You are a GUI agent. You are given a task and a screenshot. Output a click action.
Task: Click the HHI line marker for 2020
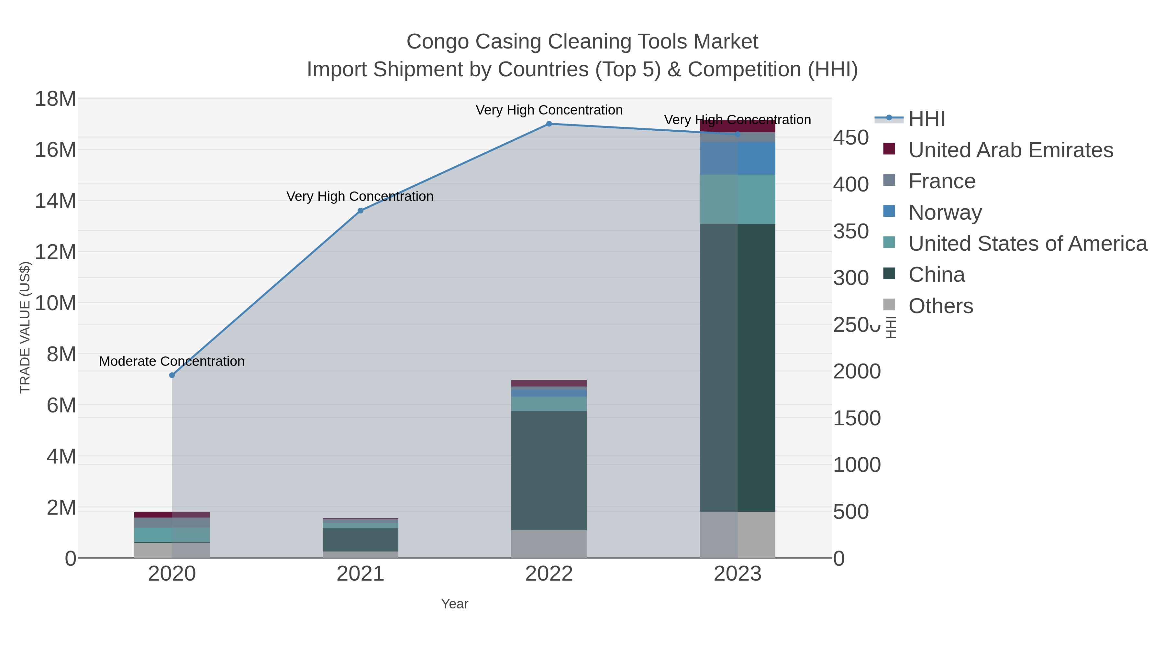point(172,375)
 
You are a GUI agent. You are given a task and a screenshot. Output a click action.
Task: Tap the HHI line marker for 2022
point(549,124)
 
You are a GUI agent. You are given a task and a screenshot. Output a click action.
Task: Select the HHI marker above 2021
point(361,211)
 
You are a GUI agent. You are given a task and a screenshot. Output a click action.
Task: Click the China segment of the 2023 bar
point(738,367)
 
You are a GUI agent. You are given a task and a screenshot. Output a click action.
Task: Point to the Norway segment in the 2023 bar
point(738,158)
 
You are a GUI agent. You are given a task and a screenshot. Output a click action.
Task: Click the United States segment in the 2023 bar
point(738,199)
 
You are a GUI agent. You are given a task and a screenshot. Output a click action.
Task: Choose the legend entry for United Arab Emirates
point(1010,150)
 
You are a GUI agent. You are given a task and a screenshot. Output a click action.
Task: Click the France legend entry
point(942,181)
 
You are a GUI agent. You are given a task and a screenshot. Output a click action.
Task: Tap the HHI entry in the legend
point(926,119)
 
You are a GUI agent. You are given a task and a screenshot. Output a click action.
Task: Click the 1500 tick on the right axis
point(857,418)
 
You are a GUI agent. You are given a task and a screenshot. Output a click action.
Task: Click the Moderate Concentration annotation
point(172,361)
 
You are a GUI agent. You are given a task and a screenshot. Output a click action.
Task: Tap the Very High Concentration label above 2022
point(549,110)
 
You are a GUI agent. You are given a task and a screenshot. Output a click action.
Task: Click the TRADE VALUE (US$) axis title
point(25,327)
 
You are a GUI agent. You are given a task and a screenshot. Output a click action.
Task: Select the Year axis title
point(455,604)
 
